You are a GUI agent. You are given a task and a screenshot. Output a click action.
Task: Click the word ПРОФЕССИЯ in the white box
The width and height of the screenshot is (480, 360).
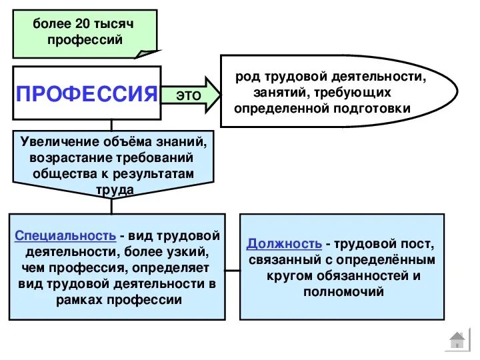point(86,93)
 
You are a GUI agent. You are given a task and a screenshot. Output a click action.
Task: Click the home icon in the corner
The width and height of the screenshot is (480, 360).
point(457,341)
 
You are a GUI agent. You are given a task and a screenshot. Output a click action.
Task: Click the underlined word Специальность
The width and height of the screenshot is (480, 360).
point(65,237)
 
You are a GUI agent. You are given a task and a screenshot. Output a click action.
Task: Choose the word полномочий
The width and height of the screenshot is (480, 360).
point(342,291)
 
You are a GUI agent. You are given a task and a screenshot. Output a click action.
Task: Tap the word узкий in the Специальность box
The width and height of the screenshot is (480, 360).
point(187,253)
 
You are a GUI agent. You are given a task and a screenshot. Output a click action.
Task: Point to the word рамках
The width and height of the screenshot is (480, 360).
point(78,300)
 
